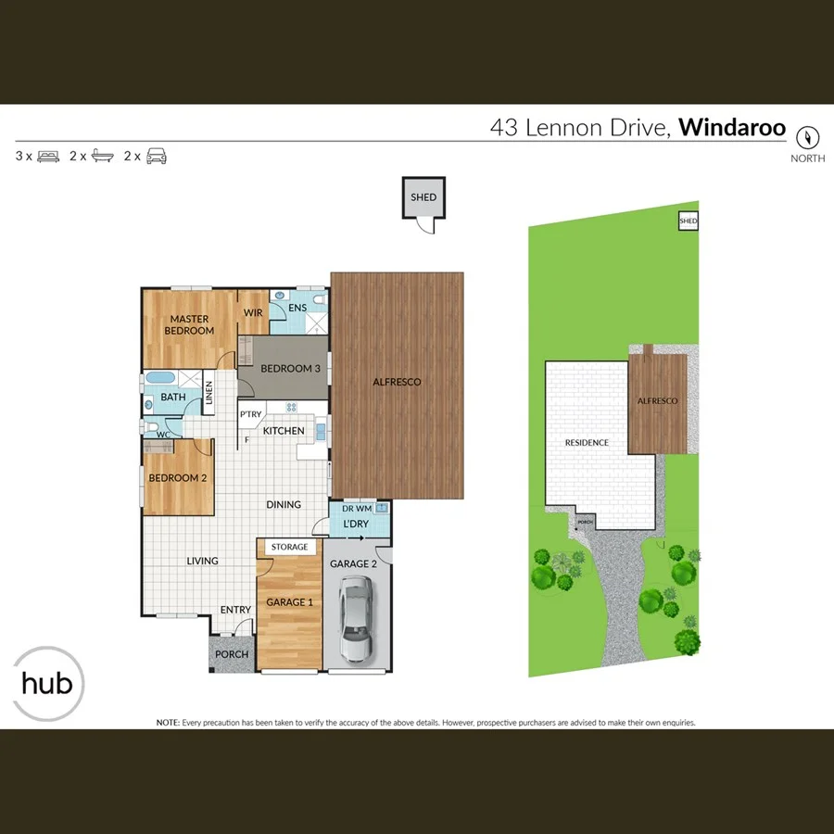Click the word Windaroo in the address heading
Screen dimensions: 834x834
732,128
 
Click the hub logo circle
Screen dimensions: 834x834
48,685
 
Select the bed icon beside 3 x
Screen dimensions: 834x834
49,157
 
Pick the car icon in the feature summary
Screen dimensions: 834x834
157,157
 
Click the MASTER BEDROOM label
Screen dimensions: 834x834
189,325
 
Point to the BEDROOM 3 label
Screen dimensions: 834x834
290,369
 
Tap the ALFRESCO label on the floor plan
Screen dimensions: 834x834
397,382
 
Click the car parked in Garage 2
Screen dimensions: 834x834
356,618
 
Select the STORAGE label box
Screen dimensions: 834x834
289,548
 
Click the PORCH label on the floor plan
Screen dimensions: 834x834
232,654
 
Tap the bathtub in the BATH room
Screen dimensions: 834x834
159,379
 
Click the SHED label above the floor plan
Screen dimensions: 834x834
423,197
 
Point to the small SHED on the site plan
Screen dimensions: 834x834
688,221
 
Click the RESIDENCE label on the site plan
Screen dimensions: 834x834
587,443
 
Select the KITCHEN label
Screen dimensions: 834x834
284,432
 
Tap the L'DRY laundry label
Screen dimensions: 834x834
356,524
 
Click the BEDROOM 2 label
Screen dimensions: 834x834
178,478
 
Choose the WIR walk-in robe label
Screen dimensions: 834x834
253,313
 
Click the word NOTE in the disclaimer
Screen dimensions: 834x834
167,722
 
